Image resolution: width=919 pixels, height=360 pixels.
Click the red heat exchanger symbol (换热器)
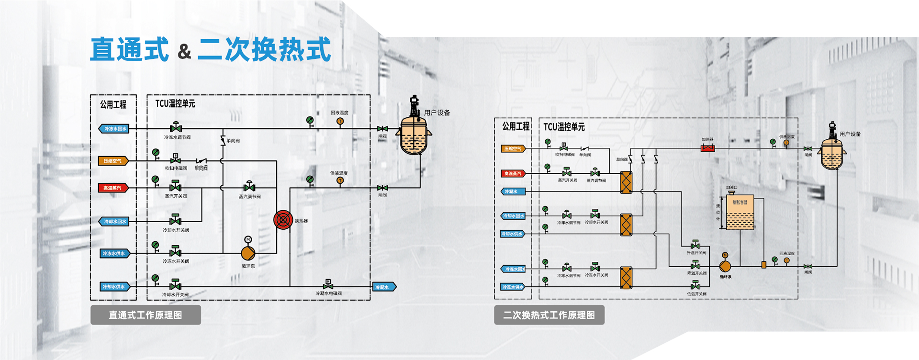coord(283,220)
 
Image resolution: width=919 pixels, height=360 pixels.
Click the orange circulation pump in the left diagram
coord(248,253)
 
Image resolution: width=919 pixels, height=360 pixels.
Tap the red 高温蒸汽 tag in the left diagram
coord(113,188)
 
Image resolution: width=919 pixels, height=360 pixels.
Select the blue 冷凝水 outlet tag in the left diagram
coord(384,287)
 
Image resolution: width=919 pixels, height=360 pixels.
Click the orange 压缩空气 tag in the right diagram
coord(513,149)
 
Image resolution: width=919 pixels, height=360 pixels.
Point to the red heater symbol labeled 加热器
coord(707,148)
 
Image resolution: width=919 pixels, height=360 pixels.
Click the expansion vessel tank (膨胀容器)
coord(740,212)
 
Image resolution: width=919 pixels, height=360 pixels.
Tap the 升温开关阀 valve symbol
coord(695,246)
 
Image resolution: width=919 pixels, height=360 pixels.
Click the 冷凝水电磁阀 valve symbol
coord(328,286)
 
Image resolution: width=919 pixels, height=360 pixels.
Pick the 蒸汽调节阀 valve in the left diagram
coord(249,187)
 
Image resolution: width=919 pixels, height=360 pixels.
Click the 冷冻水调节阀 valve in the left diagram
coord(176,128)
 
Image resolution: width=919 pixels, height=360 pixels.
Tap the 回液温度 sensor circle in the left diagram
coord(340,122)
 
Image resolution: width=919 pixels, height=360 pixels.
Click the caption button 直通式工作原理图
coord(146,315)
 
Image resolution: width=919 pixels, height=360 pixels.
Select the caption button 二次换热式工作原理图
coord(549,315)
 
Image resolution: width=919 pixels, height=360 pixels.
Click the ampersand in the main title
coord(184,51)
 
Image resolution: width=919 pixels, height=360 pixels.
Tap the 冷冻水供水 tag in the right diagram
coord(513,287)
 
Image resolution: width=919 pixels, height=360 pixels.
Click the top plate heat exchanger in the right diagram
coord(626,182)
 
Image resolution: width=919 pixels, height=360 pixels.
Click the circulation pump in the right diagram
coord(725,266)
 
